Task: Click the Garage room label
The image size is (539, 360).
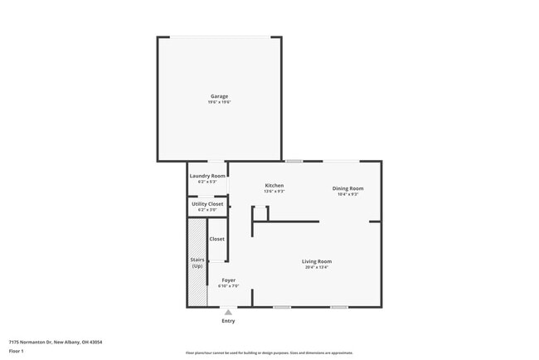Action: click(219, 96)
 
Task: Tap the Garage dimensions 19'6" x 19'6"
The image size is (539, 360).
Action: click(219, 102)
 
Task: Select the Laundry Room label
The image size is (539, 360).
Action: click(207, 176)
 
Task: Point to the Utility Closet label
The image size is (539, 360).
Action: click(207, 204)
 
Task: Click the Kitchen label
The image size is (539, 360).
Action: click(274, 185)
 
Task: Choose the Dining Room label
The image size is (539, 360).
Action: click(348, 188)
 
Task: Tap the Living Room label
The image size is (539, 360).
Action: click(318, 261)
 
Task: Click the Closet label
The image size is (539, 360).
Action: click(216, 239)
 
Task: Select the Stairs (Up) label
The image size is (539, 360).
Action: click(197, 263)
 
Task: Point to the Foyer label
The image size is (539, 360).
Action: click(228, 280)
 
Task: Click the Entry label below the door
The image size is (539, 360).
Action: click(228, 321)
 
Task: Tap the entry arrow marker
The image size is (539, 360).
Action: click(228, 312)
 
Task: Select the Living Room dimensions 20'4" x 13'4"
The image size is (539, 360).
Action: click(318, 267)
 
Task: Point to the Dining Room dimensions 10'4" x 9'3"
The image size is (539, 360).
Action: click(348, 194)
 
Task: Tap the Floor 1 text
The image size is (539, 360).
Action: click(17, 351)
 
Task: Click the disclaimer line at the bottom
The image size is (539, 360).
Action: click(269, 353)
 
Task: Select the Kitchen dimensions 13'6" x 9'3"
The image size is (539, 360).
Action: click(274, 191)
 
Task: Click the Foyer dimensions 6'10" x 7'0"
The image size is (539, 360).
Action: click(228, 286)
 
